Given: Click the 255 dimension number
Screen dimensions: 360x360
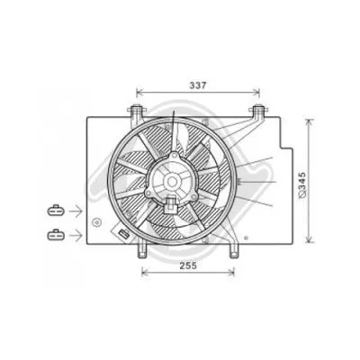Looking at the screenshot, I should [187, 266].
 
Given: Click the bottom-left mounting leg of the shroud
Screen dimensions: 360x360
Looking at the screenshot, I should [142, 247].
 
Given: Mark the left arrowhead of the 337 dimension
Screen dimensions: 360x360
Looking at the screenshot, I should [139, 92].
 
